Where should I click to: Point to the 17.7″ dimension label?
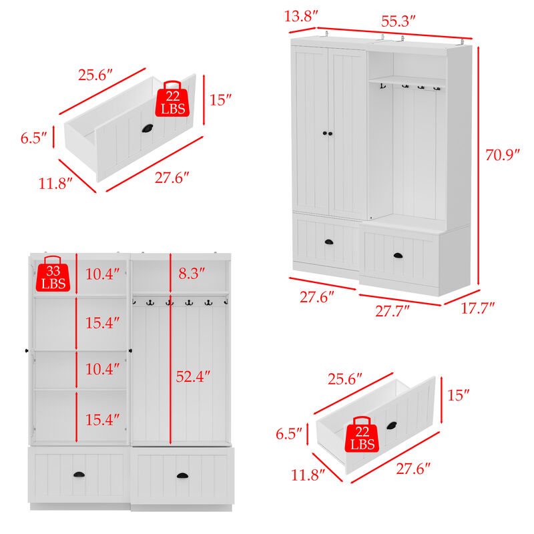click(478, 308)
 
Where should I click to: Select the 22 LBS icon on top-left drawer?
click(172, 100)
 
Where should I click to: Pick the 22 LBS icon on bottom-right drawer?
click(361, 437)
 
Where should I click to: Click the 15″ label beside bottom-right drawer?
click(458, 395)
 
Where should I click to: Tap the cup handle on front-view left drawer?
click(79, 473)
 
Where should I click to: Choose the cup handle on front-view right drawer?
click(182, 475)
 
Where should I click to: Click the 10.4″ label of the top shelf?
click(103, 273)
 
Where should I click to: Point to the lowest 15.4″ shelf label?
click(103, 419)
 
